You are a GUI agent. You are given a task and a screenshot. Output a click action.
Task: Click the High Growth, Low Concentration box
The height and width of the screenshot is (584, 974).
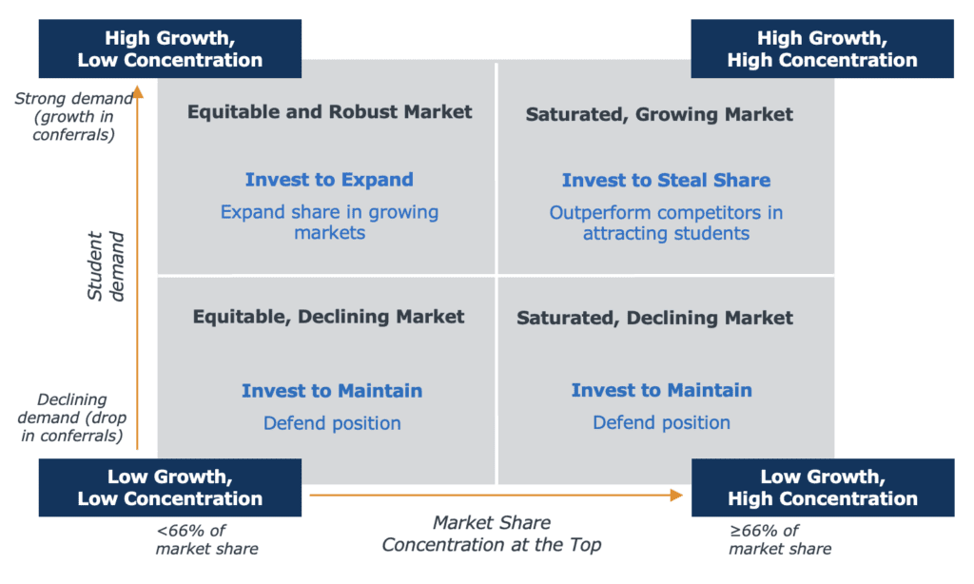(170, 49)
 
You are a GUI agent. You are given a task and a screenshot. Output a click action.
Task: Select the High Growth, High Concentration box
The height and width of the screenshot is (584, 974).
(823, 49)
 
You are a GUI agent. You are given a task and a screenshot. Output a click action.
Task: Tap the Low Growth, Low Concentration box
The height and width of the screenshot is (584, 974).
(170, 488)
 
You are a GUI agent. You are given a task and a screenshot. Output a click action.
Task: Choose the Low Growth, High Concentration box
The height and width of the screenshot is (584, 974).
(823, 488)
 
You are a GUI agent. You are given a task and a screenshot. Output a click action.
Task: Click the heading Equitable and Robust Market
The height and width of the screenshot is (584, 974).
(330, 112)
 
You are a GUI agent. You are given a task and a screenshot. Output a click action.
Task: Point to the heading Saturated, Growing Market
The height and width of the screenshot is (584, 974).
(659, 114)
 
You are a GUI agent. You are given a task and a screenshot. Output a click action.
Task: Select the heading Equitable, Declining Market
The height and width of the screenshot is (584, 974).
(328, 317)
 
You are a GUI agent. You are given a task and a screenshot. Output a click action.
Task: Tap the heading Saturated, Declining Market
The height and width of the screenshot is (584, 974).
(654, 318)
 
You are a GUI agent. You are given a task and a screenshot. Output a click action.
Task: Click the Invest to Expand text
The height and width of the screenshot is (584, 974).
(329, 180)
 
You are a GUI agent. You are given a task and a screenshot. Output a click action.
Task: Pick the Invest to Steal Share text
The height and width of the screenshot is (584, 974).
(666, 180)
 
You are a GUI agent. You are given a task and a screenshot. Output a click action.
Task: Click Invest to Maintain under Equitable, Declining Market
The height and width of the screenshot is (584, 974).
(332, 391)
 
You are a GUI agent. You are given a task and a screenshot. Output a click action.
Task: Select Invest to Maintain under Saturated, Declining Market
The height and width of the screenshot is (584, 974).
(662, 390)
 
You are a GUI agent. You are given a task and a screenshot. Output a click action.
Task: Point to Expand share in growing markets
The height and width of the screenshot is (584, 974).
(329, 223)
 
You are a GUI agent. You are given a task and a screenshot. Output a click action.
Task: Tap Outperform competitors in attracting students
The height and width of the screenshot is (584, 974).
(666, 223)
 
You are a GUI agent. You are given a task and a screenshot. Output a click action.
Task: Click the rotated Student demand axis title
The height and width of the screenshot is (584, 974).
(106, 266)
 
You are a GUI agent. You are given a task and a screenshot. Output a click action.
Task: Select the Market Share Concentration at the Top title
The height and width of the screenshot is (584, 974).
(492, 534)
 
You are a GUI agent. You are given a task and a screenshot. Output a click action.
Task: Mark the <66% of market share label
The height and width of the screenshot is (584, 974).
(206, 540)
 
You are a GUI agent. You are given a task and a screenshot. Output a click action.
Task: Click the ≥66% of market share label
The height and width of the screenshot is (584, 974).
(780, 540)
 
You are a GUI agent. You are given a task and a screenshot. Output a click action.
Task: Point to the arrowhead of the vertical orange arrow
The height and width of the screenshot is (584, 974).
(138, 92)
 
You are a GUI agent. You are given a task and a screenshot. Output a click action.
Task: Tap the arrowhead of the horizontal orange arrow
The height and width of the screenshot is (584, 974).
(676, 496)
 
